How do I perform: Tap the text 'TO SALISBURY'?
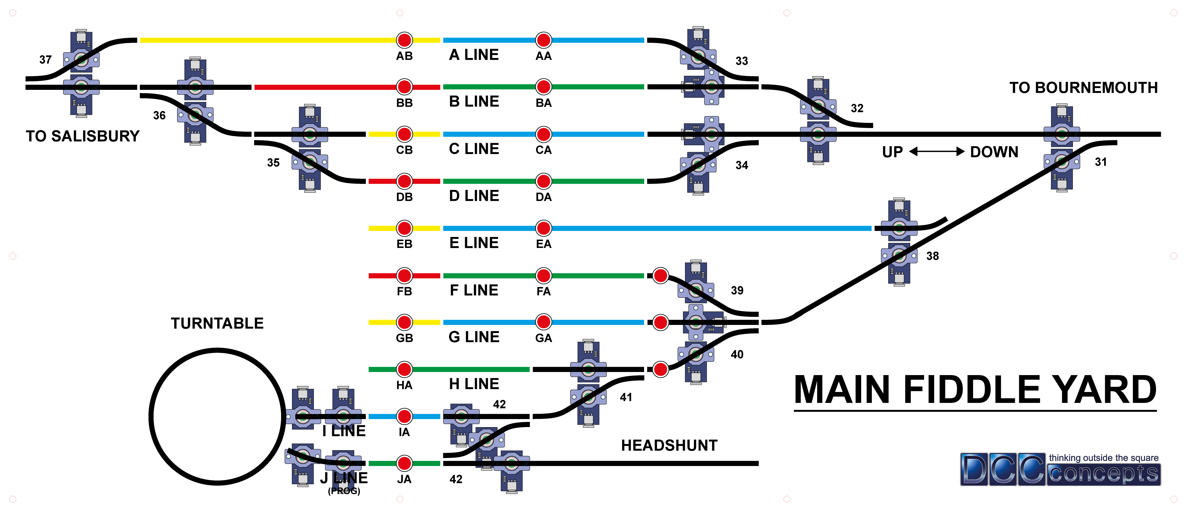(x=82, y=136)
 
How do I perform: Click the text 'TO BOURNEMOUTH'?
(x=1083, y=88)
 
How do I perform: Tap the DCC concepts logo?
(x=1060, y=469)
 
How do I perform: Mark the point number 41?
(x=626, y=397)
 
